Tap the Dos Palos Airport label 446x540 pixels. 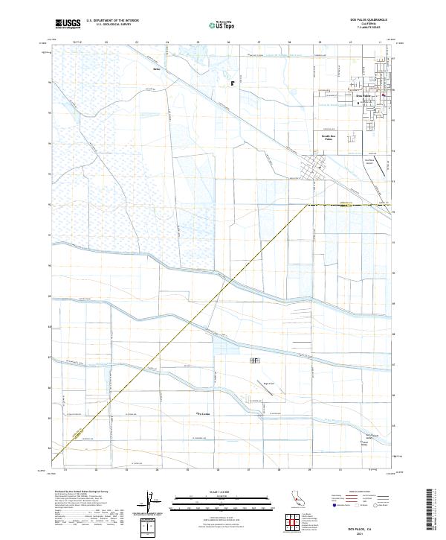coord(369,159)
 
